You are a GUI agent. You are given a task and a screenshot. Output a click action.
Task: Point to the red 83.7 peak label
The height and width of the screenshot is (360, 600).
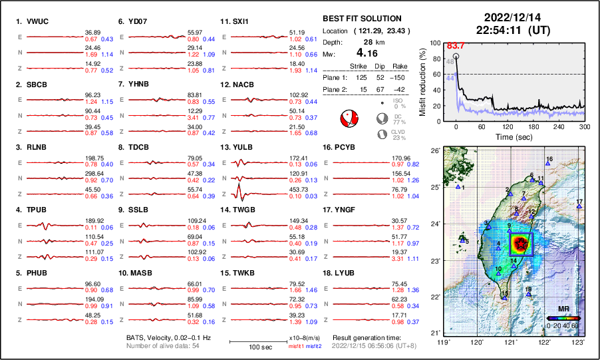point(455,45)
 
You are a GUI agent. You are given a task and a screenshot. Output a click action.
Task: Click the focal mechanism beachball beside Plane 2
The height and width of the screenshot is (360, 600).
point(349,119)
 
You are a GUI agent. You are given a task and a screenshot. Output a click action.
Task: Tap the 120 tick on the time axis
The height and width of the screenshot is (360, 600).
point(508,126)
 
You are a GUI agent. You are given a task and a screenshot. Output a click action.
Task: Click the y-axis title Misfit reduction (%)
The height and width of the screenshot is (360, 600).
point(422,81)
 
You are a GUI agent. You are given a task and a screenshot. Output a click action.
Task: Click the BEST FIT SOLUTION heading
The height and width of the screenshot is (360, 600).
point(361,19)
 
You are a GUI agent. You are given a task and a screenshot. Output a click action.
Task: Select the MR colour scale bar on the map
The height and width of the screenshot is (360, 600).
point(562,318)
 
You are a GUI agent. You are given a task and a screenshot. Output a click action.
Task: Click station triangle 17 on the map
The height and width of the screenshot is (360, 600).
point(579,207)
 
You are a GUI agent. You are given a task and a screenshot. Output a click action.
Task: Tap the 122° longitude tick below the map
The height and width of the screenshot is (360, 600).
point(544,342)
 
